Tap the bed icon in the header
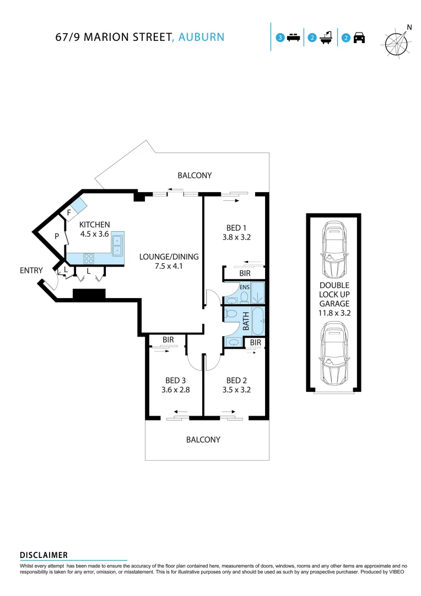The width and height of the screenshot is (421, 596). point(293,38)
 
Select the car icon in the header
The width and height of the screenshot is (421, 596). point(359,38)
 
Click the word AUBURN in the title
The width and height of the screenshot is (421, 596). point(202,37)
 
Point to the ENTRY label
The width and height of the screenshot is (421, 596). point(31,270)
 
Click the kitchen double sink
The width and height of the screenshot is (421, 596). point(118,244)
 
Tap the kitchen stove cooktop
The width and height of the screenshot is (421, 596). point(89,258)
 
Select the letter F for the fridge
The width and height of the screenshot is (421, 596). point(69,212)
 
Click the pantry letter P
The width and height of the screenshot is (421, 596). point(56,236)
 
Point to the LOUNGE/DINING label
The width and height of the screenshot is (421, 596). point(169,257)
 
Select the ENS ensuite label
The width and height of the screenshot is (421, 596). point(244,287)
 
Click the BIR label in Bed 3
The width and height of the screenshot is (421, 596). point(168,340)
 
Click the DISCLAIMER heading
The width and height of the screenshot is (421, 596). point(44,555)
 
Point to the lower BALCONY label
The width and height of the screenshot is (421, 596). point(203,440)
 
